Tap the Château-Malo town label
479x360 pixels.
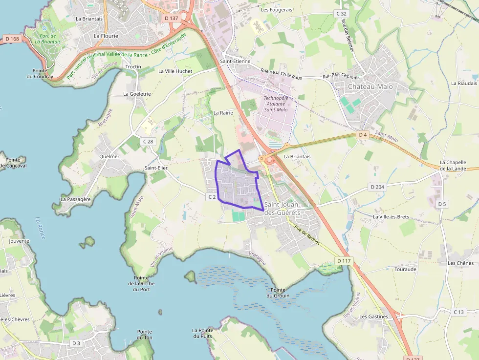[x=370, y=86]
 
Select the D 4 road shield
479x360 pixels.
[x=362, y=134]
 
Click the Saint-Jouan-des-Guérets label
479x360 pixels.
[x=282, y=209]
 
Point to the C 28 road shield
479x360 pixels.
[x=148, y=141]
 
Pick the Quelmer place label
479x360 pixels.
[x=109, y=156]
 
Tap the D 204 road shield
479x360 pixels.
[x=377, y=187]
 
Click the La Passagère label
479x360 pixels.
[x=75, y=199]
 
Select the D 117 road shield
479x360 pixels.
[x=344, y=261]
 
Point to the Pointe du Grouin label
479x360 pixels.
[x=278, y=293]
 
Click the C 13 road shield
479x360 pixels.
[x=458, y=312]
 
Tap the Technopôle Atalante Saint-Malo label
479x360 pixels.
[x=276, y=104]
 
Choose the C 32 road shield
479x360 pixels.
[x=341, y=14]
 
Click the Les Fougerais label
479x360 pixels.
[x=276, y=9]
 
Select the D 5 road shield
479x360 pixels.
[x=442, y=204]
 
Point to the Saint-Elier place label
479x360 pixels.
[x=156, y=168]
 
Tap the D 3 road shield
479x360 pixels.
[x=76, y=343]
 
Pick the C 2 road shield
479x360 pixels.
[x=212, y=196]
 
